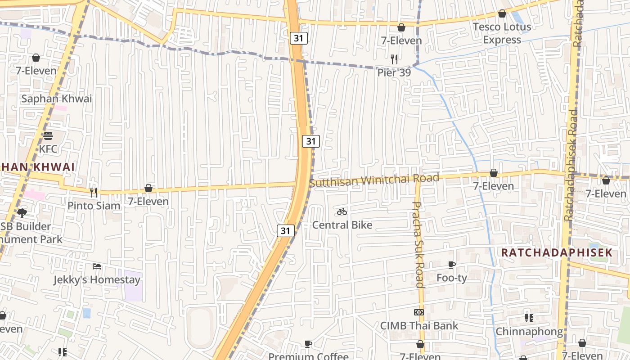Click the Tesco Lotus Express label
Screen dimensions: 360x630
502,33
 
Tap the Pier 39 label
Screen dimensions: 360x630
394,72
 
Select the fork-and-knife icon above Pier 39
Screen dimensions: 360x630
394,59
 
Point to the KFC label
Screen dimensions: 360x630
48,149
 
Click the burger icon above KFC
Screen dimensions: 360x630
48,135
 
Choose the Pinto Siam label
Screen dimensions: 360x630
94,206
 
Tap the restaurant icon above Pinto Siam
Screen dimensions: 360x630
94,193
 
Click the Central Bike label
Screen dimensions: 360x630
342,225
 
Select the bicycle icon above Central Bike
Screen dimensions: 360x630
342,211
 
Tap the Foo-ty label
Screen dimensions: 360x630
452,278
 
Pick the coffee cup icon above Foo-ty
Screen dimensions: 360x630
452,265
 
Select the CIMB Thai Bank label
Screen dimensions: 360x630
419,325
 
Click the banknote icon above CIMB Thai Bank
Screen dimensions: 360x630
419,312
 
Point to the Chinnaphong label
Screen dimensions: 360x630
529,332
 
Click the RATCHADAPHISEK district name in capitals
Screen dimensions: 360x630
557,252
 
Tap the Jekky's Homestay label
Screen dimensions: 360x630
97,279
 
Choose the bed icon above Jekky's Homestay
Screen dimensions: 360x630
97,266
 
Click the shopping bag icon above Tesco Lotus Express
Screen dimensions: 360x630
502,14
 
